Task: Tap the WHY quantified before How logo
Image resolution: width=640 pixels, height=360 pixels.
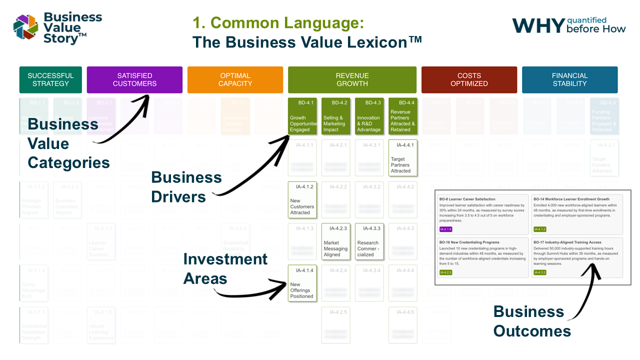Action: coord(568,25)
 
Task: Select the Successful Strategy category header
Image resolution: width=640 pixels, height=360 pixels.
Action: coord(50,80)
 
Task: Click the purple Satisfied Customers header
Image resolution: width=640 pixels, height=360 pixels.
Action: coord(134,80)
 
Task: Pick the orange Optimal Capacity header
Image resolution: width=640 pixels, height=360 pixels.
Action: coord(235,80)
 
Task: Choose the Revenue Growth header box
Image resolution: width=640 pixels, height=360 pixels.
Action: coord(352,80)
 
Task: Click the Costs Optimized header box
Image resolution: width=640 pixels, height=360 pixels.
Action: coord(469,80)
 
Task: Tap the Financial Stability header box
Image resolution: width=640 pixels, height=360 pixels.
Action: coord(569,80)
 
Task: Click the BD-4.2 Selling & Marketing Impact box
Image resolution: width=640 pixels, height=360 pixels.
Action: coord(336,116)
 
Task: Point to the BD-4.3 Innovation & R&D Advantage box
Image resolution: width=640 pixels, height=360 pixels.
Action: coord(369,116)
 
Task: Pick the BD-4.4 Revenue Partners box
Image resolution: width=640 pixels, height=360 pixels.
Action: coord(403,116)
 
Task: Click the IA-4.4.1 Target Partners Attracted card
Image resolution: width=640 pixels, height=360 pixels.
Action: coord(403,157)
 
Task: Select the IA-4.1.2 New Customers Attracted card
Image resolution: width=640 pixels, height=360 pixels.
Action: coord(302,199)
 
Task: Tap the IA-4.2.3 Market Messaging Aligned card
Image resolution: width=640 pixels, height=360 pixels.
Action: coord(336,241)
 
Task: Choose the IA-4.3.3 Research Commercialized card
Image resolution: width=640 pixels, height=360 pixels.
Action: coord(369,241)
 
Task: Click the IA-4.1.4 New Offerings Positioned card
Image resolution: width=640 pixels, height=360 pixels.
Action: coord(302,283)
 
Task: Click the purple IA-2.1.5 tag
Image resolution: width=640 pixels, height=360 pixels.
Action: coord(445,229)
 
